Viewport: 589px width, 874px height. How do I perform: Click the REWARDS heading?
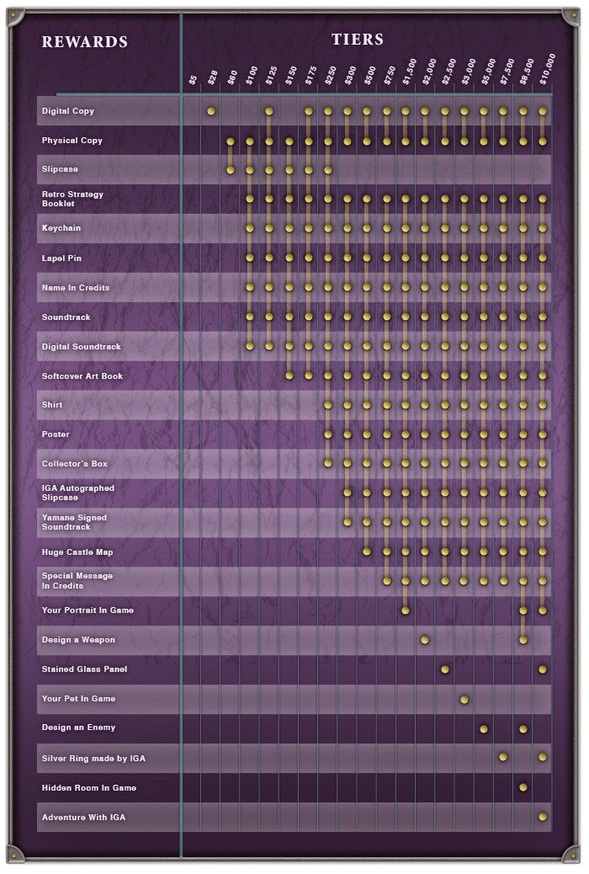tap(85, 42)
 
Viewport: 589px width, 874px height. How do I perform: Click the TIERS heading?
tap(357, 40)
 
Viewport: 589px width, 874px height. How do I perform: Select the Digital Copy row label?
tap(68, 111)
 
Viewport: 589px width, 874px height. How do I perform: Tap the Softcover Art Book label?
tap(82, 376)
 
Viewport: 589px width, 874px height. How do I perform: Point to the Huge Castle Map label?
tap(77, 552)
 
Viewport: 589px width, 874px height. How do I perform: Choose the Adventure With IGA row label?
tap(83, 817)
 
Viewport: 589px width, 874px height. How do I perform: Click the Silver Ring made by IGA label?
tap(93, 759)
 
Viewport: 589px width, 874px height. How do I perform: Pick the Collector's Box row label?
tap(75, 464)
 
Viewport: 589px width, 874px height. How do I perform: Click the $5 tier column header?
tap(193, 79)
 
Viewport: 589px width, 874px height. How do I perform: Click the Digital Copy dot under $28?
tap(211, 111)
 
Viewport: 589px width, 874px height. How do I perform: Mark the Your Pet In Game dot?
tap(464, 699)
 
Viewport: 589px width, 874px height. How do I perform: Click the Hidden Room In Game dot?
tap(523, 787)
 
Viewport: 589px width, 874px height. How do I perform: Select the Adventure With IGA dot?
tap(543, 817)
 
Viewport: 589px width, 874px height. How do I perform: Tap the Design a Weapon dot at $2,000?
tap(425, 640)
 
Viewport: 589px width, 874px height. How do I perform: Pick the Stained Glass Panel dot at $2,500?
tap(445, 669)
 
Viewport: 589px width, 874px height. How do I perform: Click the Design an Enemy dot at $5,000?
tap(484, 728)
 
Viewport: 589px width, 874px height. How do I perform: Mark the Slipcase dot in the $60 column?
tap(231, 170)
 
